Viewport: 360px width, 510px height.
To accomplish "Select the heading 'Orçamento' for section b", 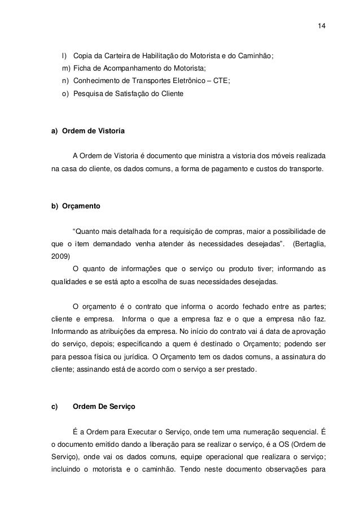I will click(x=81, y=207).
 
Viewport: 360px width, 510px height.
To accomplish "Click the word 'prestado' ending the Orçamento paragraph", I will click(x=241, y=369).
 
